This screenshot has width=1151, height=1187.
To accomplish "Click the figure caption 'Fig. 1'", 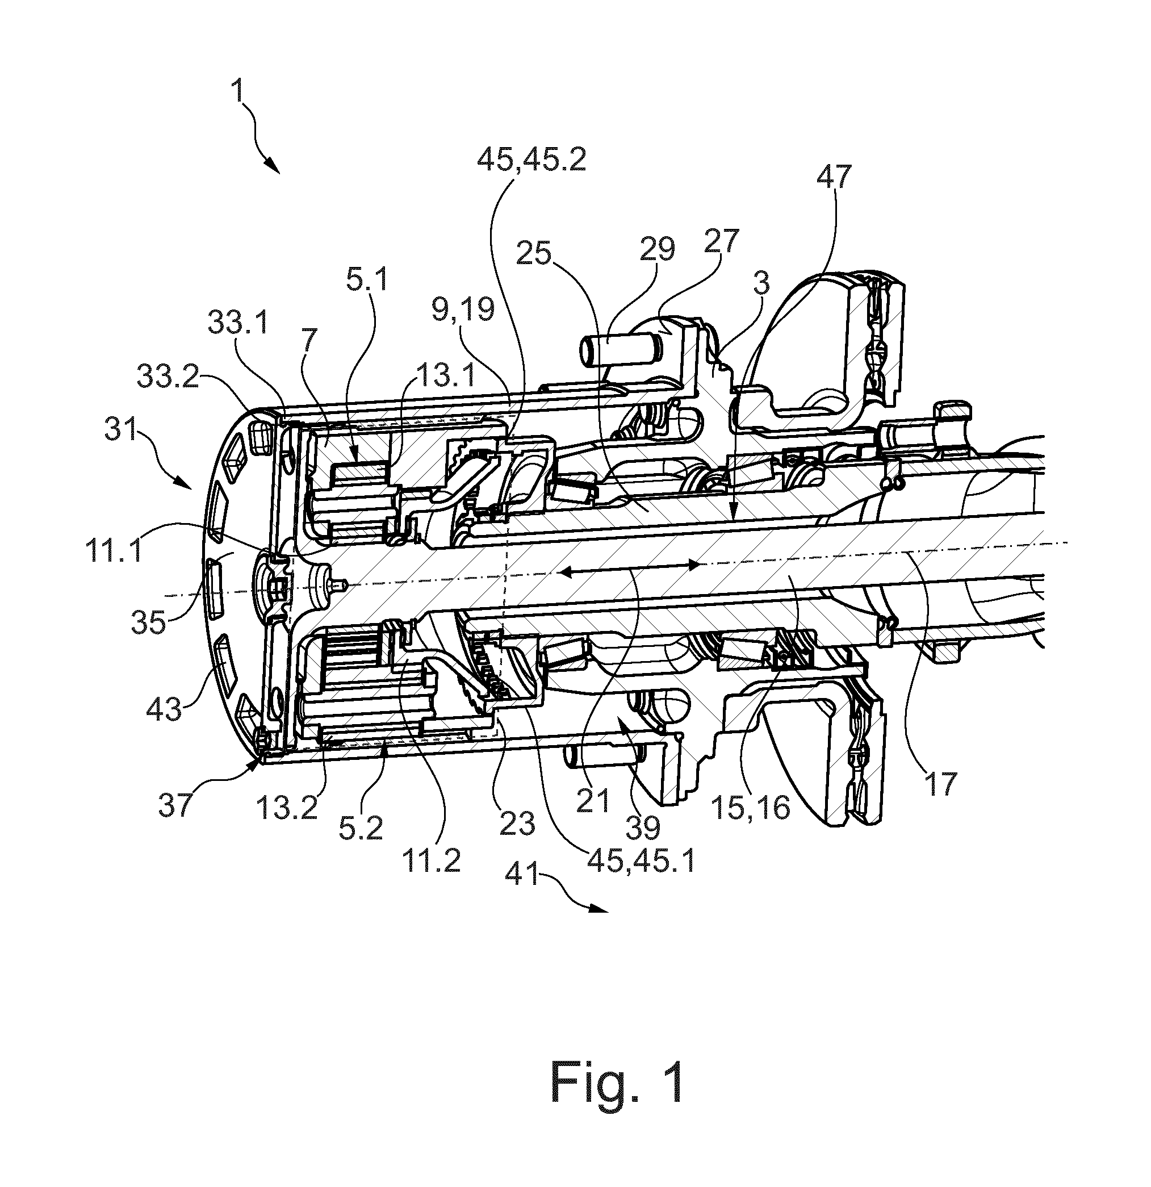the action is (618, 1083).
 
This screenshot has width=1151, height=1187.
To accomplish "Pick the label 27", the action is (722, 240).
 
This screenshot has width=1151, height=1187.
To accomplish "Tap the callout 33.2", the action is (168, 377).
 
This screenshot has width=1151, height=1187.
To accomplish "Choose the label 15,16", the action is (751, 806).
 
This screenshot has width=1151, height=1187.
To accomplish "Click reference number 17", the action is (940, 782).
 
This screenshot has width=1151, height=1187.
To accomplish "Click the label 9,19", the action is (463, 310).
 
